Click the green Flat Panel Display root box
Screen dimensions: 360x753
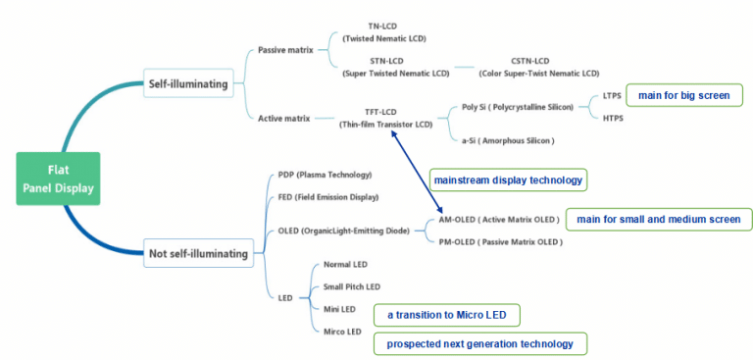pyautogui.click(x=58, y=180)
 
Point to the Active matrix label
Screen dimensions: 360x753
pyautogui.click(x=284, y=119)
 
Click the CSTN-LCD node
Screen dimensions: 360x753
pyautogui.click(x=538, y=67)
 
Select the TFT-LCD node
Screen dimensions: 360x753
pyautogui.click(x=385, y=119)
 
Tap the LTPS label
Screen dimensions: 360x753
pyautogui.click(x=613, y=97)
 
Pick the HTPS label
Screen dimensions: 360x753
pyautogui.click(x=613, y=119)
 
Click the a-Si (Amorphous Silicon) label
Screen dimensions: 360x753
pyautogui.click(x=508, y=140)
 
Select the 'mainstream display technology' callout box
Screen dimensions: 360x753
pyautogui.click(x=508, y=180)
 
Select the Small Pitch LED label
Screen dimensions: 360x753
pyautogui.click(x=351, y=286)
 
